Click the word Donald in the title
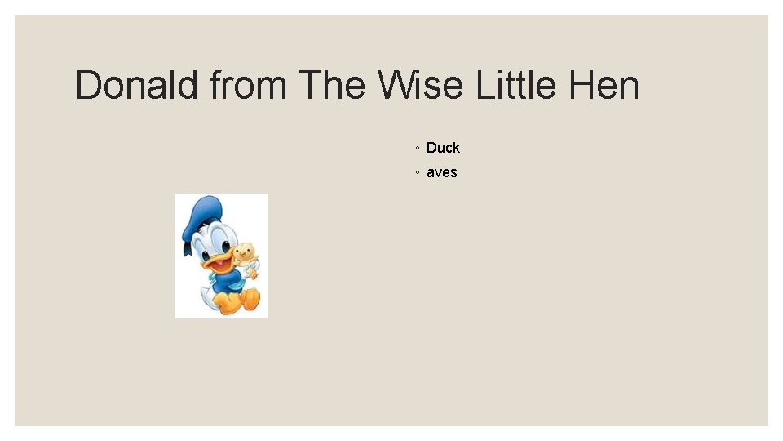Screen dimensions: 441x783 136,85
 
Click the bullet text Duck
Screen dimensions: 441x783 443,148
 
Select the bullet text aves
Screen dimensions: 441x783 441,172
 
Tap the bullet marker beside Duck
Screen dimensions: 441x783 417,149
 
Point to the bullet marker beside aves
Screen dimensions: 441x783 417,173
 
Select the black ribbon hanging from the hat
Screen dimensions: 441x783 185,245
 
